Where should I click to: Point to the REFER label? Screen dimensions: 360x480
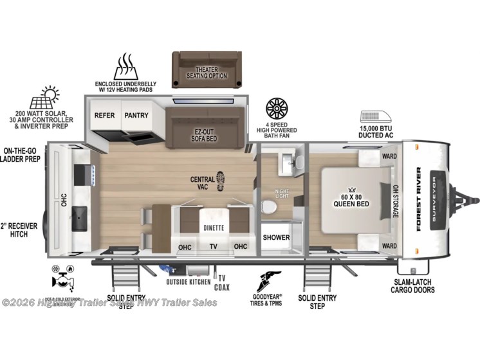tap(104, 116)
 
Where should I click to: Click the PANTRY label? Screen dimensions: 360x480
tap(136, 116)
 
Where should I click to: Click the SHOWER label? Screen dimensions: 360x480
tap(276, 237)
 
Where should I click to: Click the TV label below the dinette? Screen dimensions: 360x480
tap(212, 246)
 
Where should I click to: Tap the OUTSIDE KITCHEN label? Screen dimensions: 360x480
tap(189, 281)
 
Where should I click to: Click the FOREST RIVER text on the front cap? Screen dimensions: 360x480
tap(419, 199)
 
